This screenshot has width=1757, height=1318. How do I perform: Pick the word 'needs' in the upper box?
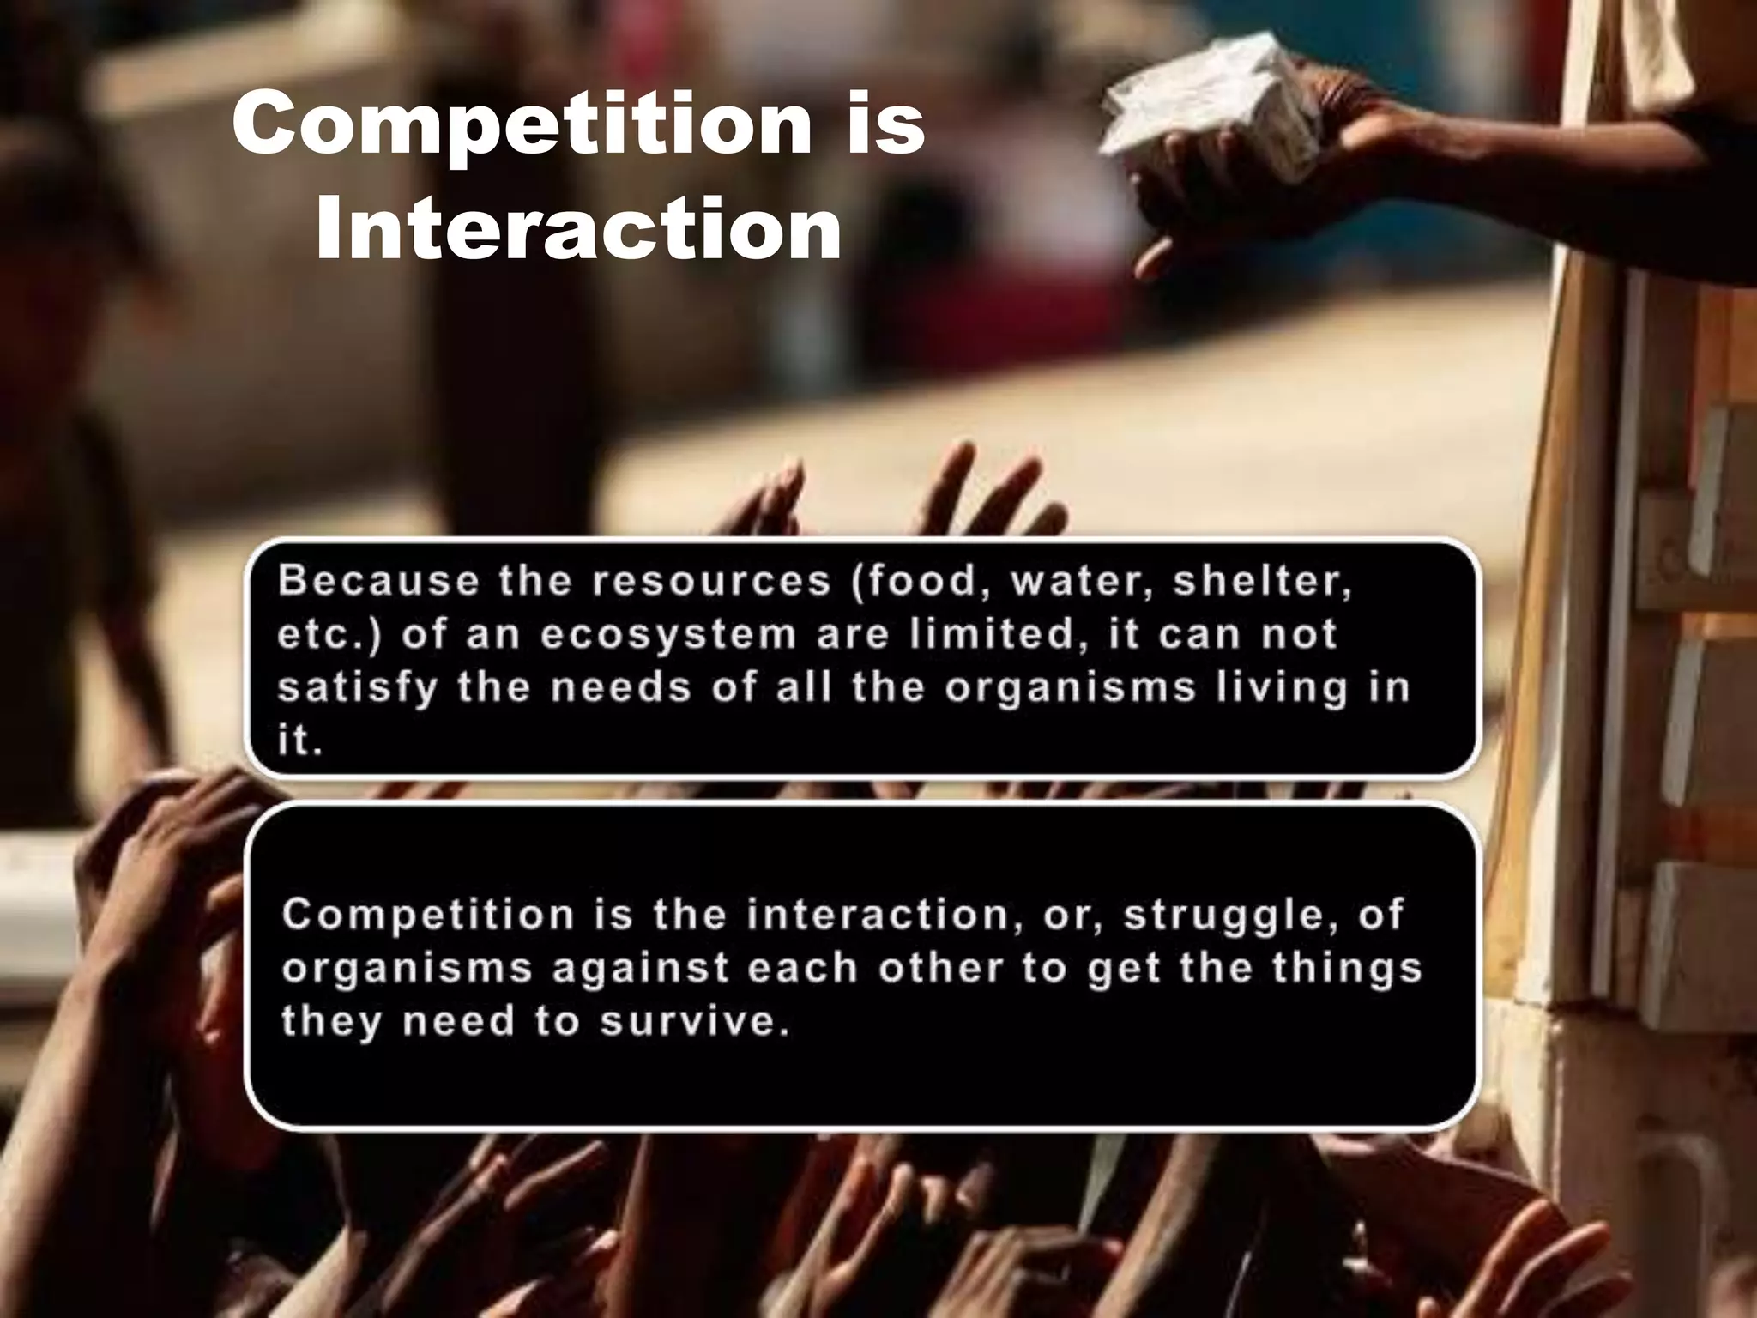pos(621,687)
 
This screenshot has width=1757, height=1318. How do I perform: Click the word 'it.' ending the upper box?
pos(299,741)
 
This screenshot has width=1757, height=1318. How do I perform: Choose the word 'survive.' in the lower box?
pos(694,1022)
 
